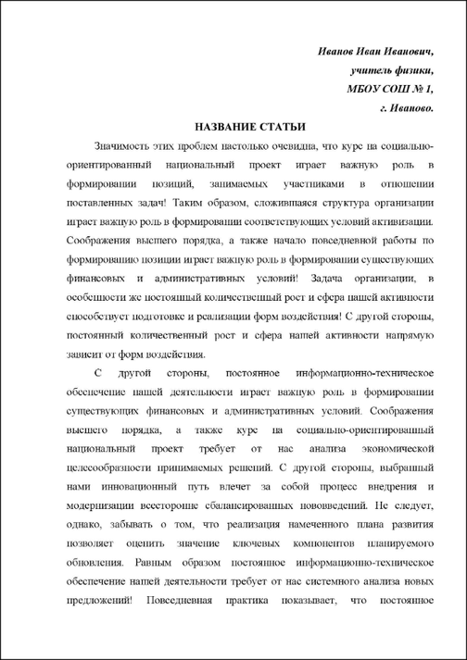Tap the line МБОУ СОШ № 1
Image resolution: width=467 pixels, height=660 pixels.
pos(386,88)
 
